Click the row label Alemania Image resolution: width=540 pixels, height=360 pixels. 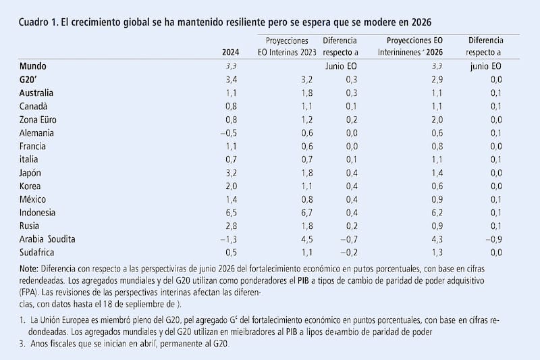pos(37,133)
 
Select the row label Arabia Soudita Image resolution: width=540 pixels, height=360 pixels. pos(48,238)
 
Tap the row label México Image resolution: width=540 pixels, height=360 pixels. pos(34,199)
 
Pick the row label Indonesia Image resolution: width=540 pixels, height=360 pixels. pos(38,212)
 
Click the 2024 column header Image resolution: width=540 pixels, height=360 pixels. pos(230,52)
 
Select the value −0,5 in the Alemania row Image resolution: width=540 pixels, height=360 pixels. pos(230,133)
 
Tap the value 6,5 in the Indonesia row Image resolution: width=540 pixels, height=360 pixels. pos(232,212)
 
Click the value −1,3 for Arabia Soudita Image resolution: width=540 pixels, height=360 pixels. pos(230,238)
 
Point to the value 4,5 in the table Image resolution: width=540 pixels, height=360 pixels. pos(287,238)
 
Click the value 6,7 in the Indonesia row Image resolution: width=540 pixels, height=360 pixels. pos(287,212)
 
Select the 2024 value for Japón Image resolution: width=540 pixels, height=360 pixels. pos(232,172)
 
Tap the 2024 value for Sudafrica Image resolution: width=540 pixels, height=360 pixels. pos(232,252)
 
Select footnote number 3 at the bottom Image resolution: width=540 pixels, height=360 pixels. pos(23,344)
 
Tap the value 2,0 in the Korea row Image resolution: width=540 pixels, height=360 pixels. pos(232,186)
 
